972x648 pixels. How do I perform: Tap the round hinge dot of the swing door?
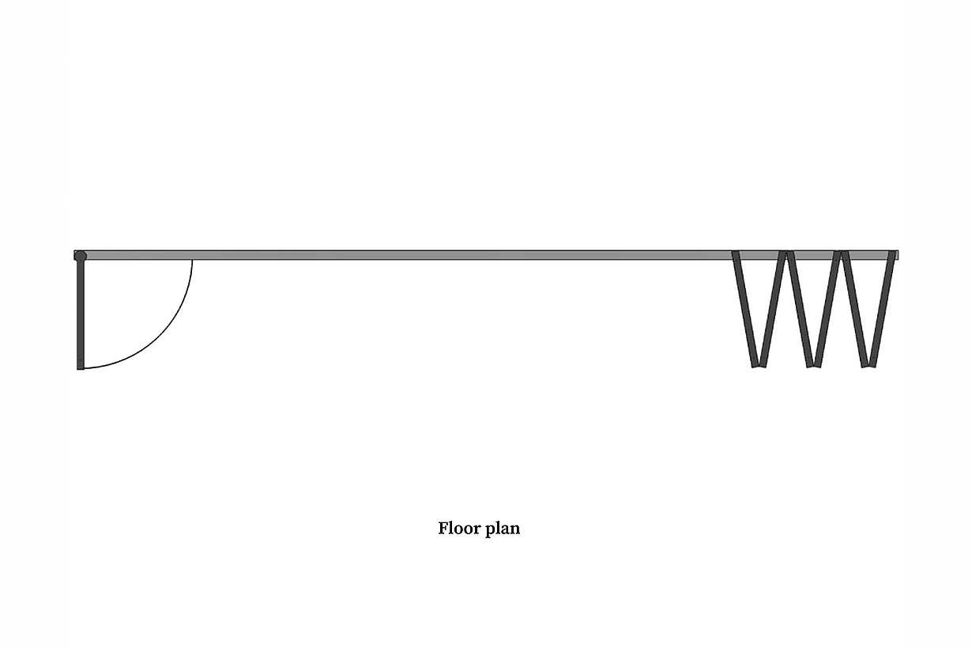pyautogui.click(x=81, y=256)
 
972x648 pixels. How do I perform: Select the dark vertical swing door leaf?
pyautogui.click(x=81, y=315)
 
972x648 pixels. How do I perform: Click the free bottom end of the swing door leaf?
pyautogui.click(x=81, y=369)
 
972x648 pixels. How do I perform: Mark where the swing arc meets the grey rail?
pyautogui.click(x=192, y=260)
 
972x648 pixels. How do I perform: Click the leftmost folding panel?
pyautogui.click(x=745, y=309)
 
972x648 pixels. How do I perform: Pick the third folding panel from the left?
pyautogui.click(x=800, y=309)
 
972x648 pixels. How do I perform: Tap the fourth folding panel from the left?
pyautogui.click(x=827, y=309)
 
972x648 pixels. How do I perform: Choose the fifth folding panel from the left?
pyautogui.click(x=855, y=309)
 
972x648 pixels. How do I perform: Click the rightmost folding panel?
pyautogui.click(x=882, y=309)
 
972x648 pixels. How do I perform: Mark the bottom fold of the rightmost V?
pyautogui.click(x=868, y=365)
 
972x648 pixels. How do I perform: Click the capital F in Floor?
pyautogui.click(x=443, y=528)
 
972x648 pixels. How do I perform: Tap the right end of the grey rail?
pyautogui.click(x=898, y=255)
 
